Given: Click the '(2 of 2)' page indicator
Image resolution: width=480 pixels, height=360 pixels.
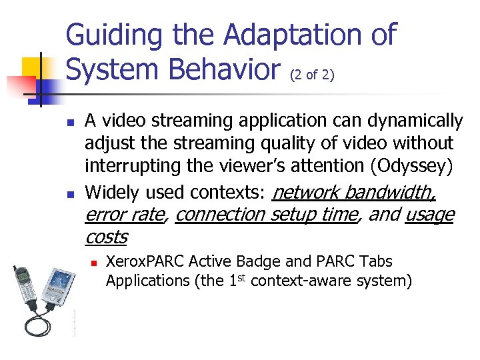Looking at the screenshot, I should click(312, 76).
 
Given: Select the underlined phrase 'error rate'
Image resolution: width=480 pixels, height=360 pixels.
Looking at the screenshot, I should click(125, 215).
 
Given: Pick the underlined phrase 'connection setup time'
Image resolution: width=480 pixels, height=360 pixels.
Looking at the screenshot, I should click(267, 215).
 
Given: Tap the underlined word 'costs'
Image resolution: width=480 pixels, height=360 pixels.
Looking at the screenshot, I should click(106, 237).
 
